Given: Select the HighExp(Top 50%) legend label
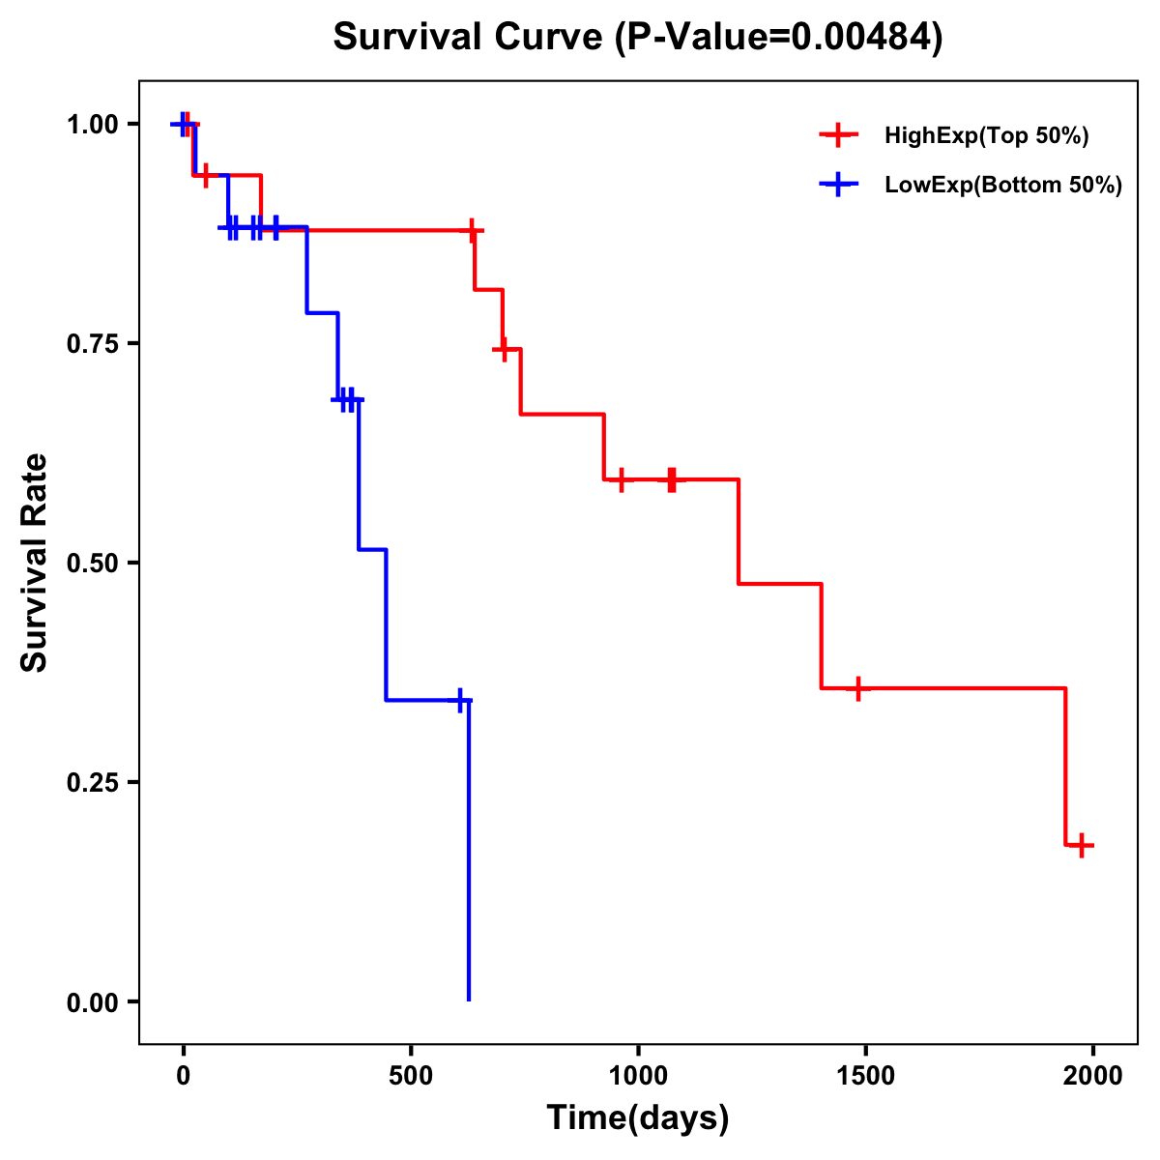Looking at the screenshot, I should click(x=986, y=136).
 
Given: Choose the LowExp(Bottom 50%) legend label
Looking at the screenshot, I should click(x=1003, y=186).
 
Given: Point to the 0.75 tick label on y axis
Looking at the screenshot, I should click(x=91, y=344).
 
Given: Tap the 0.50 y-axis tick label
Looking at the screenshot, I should click(x=91, y=564).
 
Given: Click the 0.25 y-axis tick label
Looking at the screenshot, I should click(x=91, y=783).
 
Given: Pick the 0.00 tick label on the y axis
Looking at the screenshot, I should click(x=91, y=1002).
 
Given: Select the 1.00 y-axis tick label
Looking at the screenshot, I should click(x=91, y=125).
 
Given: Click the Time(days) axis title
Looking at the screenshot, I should click(x=638, y=1118).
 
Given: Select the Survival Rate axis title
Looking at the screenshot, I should click(x=35, y=563).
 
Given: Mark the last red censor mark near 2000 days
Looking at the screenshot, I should click(x=1082, y=845).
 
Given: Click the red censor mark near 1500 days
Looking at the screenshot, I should click(x=857, y=688).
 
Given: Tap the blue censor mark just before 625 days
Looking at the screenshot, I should click(x=460, y=700).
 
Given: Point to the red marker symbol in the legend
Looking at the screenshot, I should click(x=839, y=136).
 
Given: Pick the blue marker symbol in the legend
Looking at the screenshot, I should click(x=839, y=186).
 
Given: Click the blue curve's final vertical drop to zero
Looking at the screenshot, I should click(x=469, y=851).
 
